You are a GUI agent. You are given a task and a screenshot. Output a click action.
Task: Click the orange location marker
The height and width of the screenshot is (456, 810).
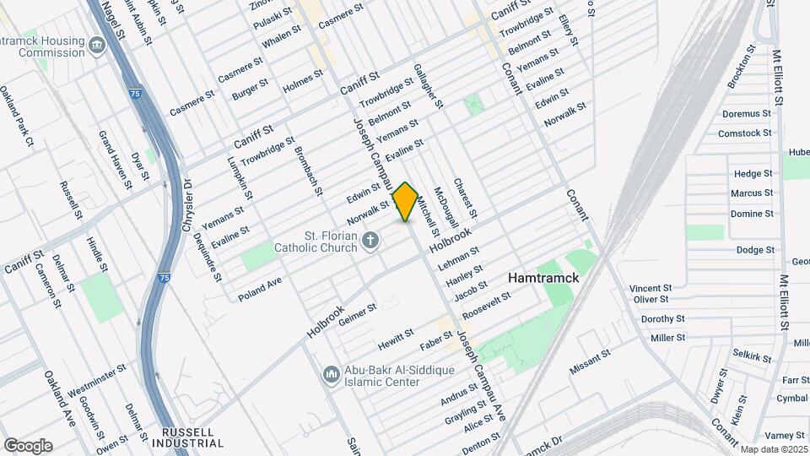tap(406, 202)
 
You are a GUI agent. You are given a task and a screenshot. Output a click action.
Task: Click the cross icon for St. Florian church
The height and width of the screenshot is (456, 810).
tap(370, 243)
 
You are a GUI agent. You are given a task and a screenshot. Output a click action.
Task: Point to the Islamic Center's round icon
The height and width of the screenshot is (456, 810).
tap(331, 372)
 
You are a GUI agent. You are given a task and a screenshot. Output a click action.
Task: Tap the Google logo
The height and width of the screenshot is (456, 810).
tap(28, 445)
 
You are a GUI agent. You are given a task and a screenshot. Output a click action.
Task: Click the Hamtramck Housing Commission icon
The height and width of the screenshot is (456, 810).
tap(96, 45)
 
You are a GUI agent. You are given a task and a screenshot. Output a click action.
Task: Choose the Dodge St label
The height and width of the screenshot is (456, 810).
tap(755, 250)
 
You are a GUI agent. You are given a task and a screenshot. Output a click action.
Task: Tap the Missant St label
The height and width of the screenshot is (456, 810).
tap(590, 361)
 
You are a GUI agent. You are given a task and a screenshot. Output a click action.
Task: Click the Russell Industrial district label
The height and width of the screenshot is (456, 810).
tap(192, 437)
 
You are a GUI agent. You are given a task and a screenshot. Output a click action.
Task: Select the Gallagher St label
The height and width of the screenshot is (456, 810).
tap(428, 86)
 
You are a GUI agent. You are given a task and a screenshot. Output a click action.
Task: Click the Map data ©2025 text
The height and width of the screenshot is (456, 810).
tap(773, 449)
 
